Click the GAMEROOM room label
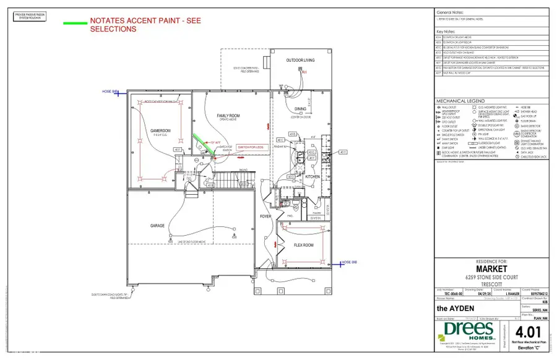click(152, 131)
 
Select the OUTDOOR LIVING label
click(300, 61)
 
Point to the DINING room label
click(300, 109)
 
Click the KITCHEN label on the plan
click(312, 177)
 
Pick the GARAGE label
click(157, 226)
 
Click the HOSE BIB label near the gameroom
click(110, 92)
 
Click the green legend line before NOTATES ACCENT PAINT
click(74, 24)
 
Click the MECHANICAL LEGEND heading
click(460, 101)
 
